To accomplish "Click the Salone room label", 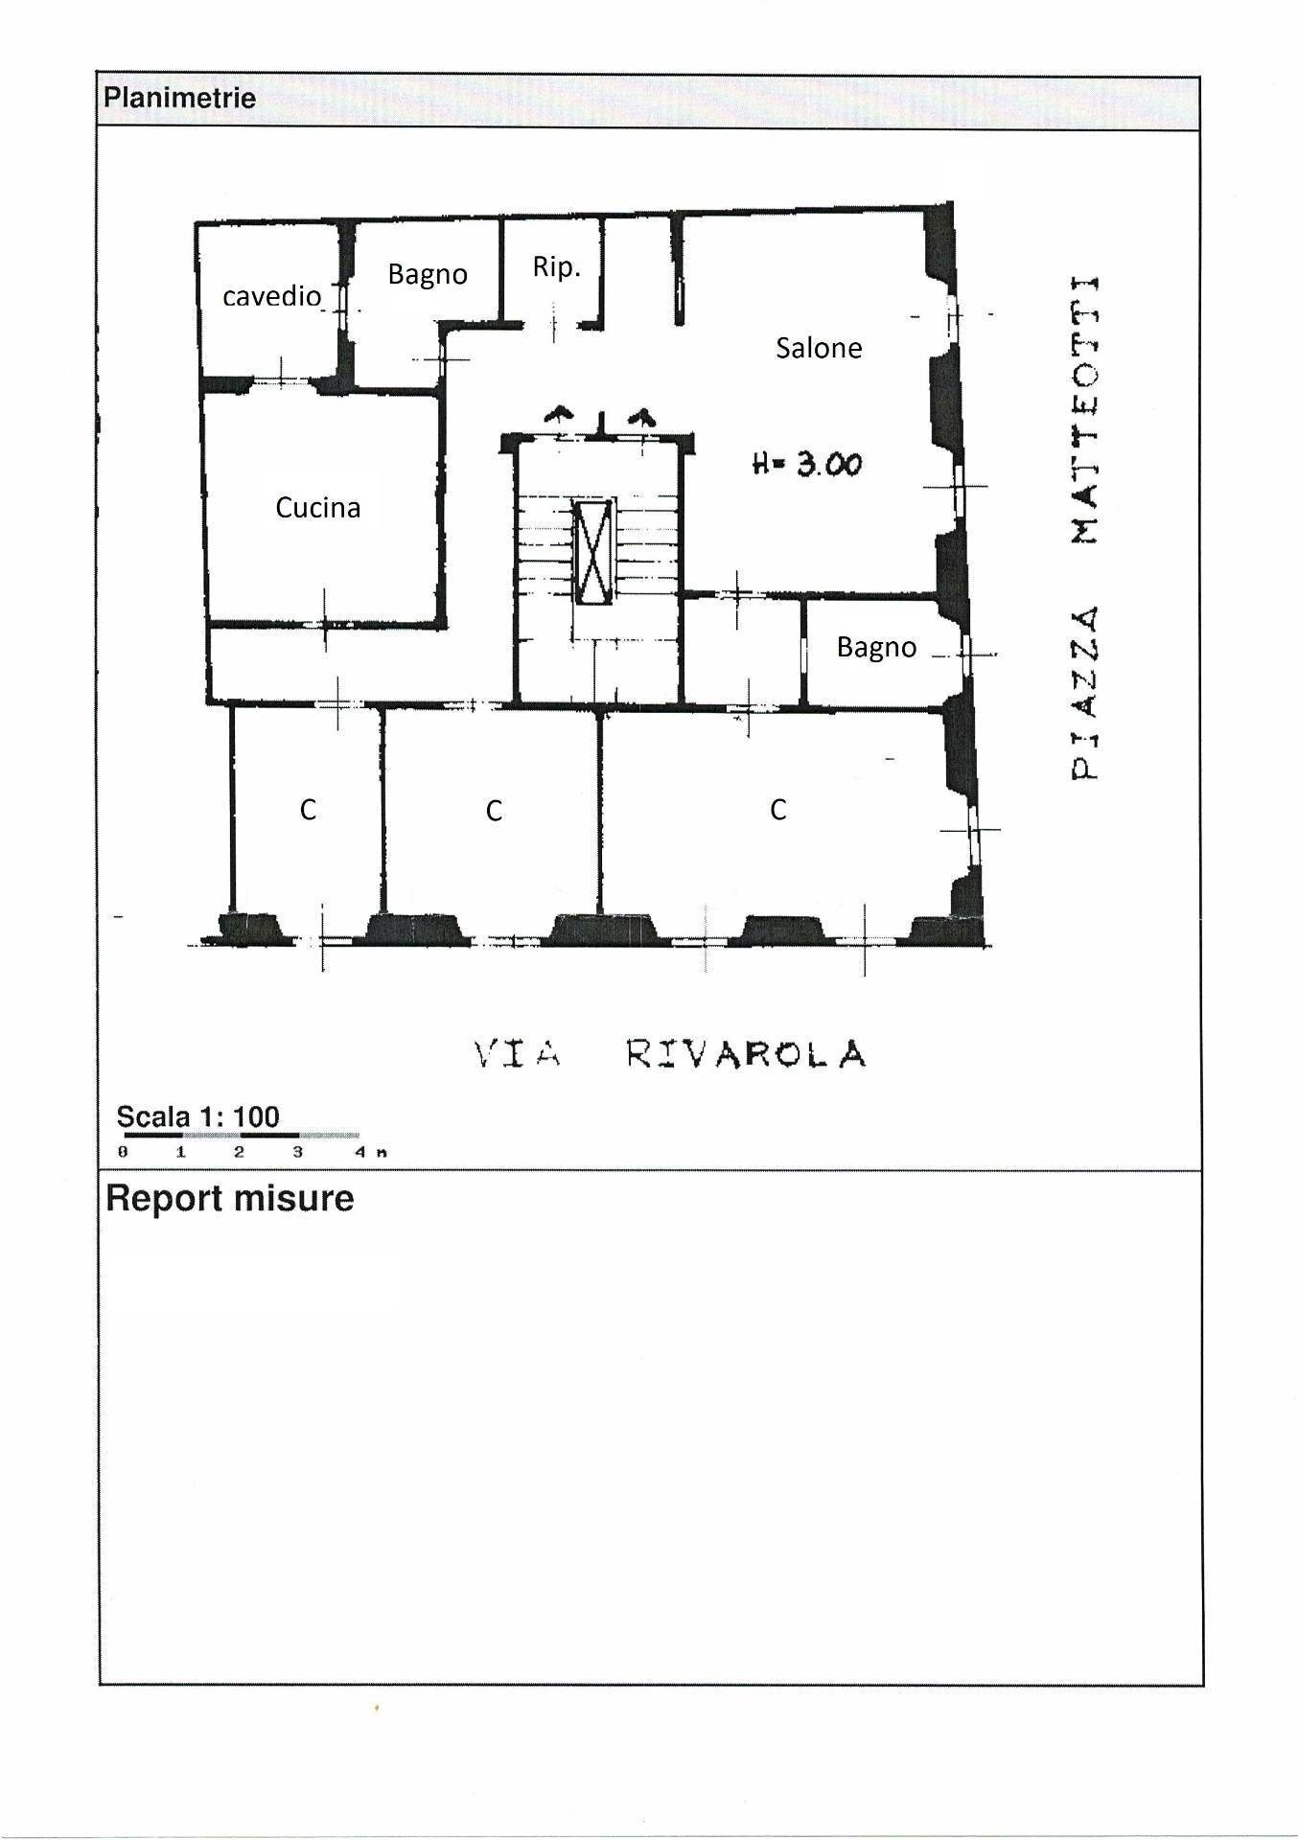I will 819,348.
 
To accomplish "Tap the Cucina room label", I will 317,507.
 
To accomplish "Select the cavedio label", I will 271,296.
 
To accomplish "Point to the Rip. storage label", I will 556,266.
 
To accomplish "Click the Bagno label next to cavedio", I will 428,275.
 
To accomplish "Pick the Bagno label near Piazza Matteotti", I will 876,648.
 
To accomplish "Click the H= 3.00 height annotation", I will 807,465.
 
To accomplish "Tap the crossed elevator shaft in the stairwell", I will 593,551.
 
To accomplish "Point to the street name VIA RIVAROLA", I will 670,1054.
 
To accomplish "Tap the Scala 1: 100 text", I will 197,1116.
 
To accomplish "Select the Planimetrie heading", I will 179,98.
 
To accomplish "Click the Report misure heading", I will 229,1198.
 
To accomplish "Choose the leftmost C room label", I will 308,810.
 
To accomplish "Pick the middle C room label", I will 494,811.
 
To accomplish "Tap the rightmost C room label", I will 777,810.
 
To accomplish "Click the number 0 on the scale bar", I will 123,1152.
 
